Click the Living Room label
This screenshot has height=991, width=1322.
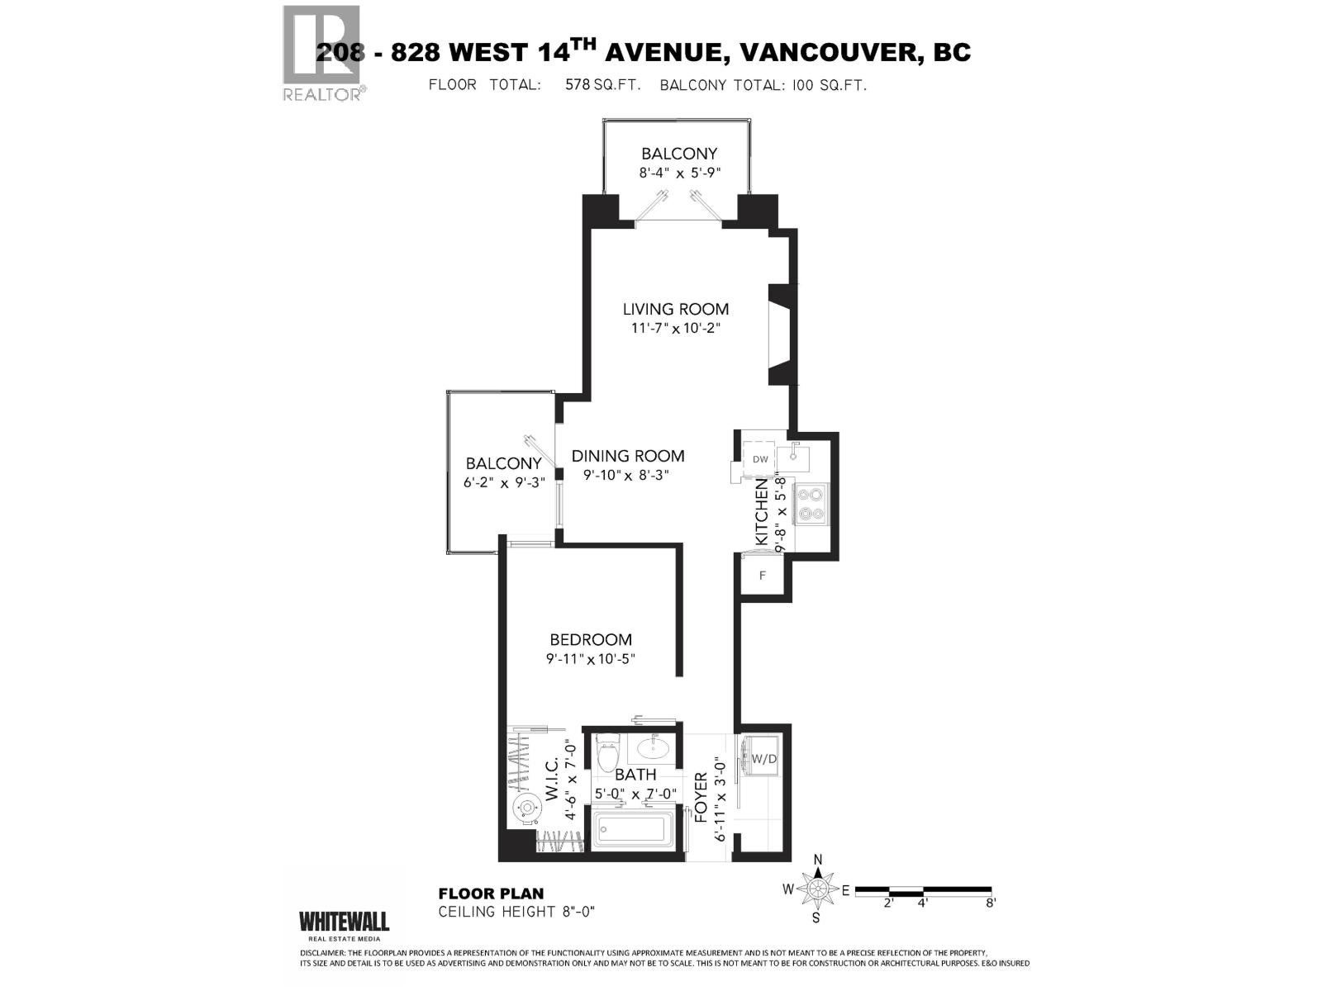(x=675, y=310)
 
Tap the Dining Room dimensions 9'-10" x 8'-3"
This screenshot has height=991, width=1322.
(x=626, y=476)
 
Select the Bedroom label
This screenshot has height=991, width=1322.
(x=591, y=639)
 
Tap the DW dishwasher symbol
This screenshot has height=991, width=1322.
(x=760, y=459)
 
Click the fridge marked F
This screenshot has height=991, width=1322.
(x=763, y=575)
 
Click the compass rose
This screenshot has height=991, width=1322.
(x=818, y=889)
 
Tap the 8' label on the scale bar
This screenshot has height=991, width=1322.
(x=990, y=903)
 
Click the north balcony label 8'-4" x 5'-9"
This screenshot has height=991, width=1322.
(x=679, y=173)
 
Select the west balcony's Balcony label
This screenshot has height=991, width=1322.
(x=503, y=463)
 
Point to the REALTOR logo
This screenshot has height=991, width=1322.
(x=322, y=54)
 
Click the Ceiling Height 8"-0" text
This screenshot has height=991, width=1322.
(x=516, y=912)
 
